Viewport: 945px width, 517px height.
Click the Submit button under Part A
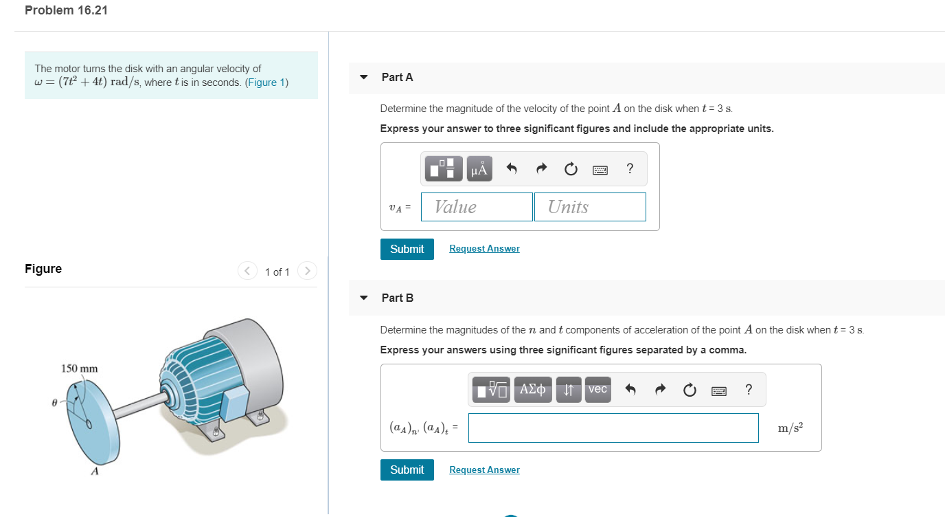click(407, 249)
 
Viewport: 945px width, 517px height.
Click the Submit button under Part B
click(407, 470)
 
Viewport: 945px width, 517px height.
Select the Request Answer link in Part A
click(484, 249)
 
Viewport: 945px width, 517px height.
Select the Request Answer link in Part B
click(484, 470)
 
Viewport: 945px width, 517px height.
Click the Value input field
click(477, 207)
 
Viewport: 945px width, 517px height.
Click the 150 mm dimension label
click(80, 368)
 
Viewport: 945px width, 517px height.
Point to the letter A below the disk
click(95, 472)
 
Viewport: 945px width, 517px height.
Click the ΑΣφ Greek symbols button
click(532, 390)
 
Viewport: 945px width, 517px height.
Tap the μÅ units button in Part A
click(479, 168)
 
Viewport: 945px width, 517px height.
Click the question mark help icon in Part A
click(630, 168)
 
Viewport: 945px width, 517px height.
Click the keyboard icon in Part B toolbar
click(719, 390)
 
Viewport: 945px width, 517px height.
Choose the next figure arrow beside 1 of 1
click(308, 272)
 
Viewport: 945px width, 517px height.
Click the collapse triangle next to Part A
click(364, 77)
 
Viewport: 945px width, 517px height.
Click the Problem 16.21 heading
click(66, 10)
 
